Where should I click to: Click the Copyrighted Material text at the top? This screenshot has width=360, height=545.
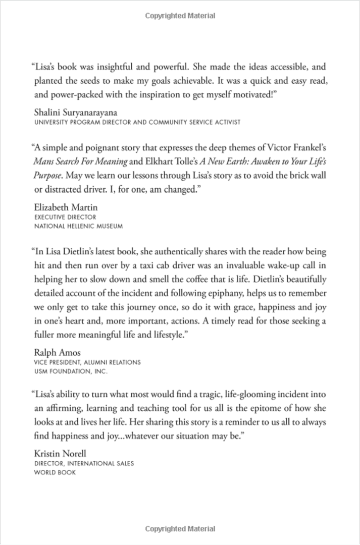180,16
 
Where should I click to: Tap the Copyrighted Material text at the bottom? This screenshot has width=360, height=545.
180,529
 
